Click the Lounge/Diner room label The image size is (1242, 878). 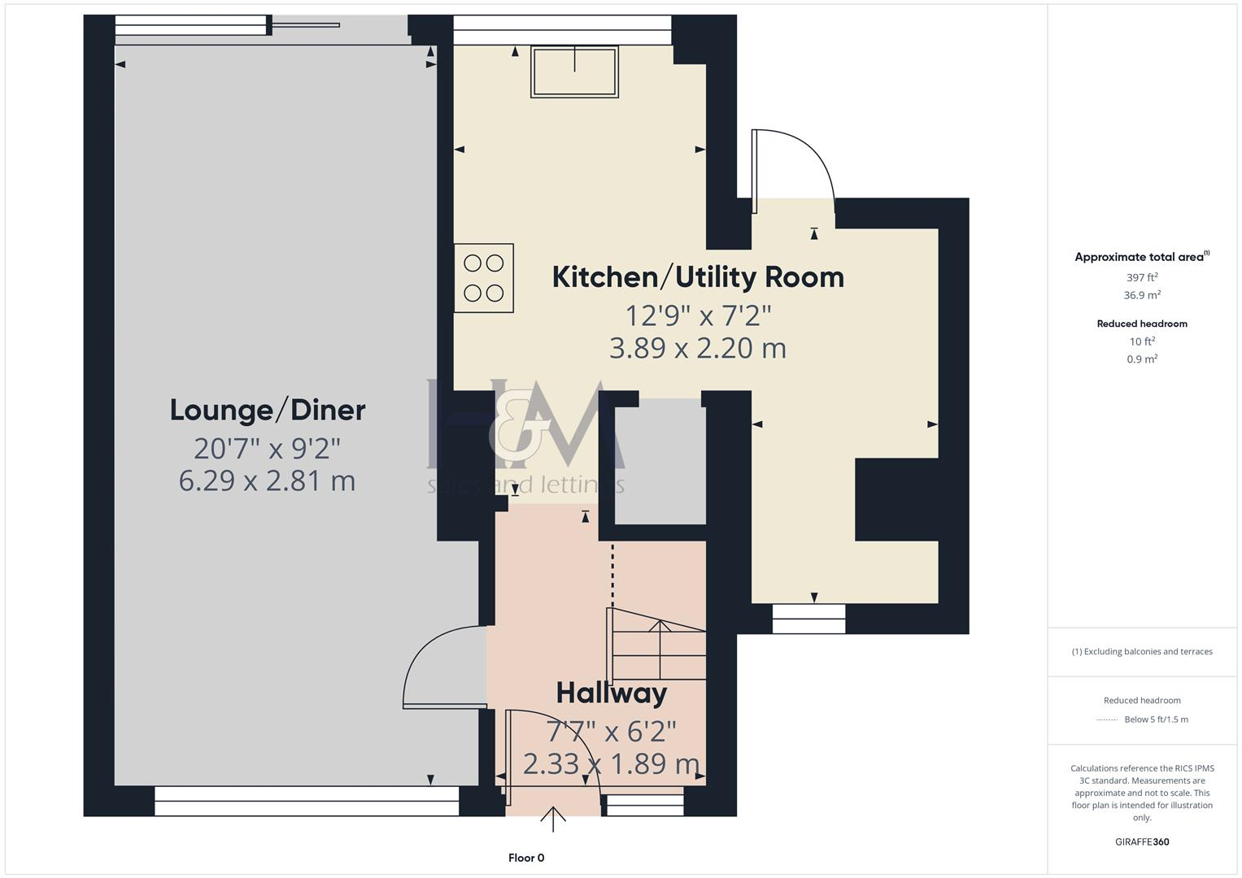pos(268,410)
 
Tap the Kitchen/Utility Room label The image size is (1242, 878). pos(698,277)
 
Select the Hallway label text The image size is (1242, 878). pos(612,693)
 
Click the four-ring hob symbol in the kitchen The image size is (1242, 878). pos(484,278)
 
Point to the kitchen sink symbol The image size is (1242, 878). pos(574,72)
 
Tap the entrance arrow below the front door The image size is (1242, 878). pos(553,819)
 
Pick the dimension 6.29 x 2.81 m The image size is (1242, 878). pos(268,480)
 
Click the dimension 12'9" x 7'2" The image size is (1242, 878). pos(698,314)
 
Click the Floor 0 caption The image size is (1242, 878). pos(526,858)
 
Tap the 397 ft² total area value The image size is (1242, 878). pos(1142,277)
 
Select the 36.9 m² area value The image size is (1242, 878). pos(1142,295)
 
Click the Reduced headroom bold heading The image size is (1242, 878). pos(1142,324)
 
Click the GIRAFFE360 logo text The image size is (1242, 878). pos(1142,841)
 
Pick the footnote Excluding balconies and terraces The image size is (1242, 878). pos(1142,651)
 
